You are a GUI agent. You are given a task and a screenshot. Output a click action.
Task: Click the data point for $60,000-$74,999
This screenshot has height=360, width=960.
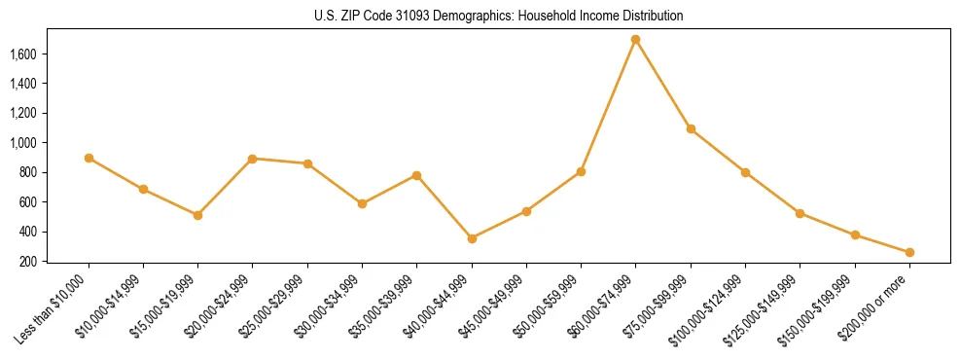pyautogui.click(x=635, y=40)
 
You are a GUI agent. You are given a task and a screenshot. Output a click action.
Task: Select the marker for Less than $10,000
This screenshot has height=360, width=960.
pyautogui.click(x=89, y=158)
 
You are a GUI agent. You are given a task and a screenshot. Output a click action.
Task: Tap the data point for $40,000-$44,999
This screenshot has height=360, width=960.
pyautogui.click(x=472, y=238)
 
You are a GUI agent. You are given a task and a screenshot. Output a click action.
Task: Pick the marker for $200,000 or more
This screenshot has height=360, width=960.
pyautogui.click(x=909, y=253)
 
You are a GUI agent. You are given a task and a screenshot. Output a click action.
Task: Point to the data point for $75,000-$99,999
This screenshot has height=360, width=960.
pyautogui.click(x=691, y=128)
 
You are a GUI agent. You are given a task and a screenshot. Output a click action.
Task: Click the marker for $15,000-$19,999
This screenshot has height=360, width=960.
pyautogui.click(x=197, y=215)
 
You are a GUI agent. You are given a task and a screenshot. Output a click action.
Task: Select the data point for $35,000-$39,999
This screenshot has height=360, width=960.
pyautogui.click(x=416, y=175)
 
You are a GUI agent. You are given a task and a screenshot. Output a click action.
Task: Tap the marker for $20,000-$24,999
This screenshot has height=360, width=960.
pyautogui.click(x=252, y=159)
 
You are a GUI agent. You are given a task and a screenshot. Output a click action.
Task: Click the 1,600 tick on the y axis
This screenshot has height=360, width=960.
pyautogui.click(x=22, y=54)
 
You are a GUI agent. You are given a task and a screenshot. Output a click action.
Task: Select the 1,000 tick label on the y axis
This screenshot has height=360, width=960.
pyautogui.click(x=22, y=143)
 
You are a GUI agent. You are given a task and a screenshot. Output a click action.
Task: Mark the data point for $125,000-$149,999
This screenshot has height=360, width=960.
pyautogui.click(x=800, y=213)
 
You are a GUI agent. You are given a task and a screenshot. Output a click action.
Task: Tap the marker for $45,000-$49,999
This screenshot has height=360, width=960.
pyautogui.click(x=526, y=211)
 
